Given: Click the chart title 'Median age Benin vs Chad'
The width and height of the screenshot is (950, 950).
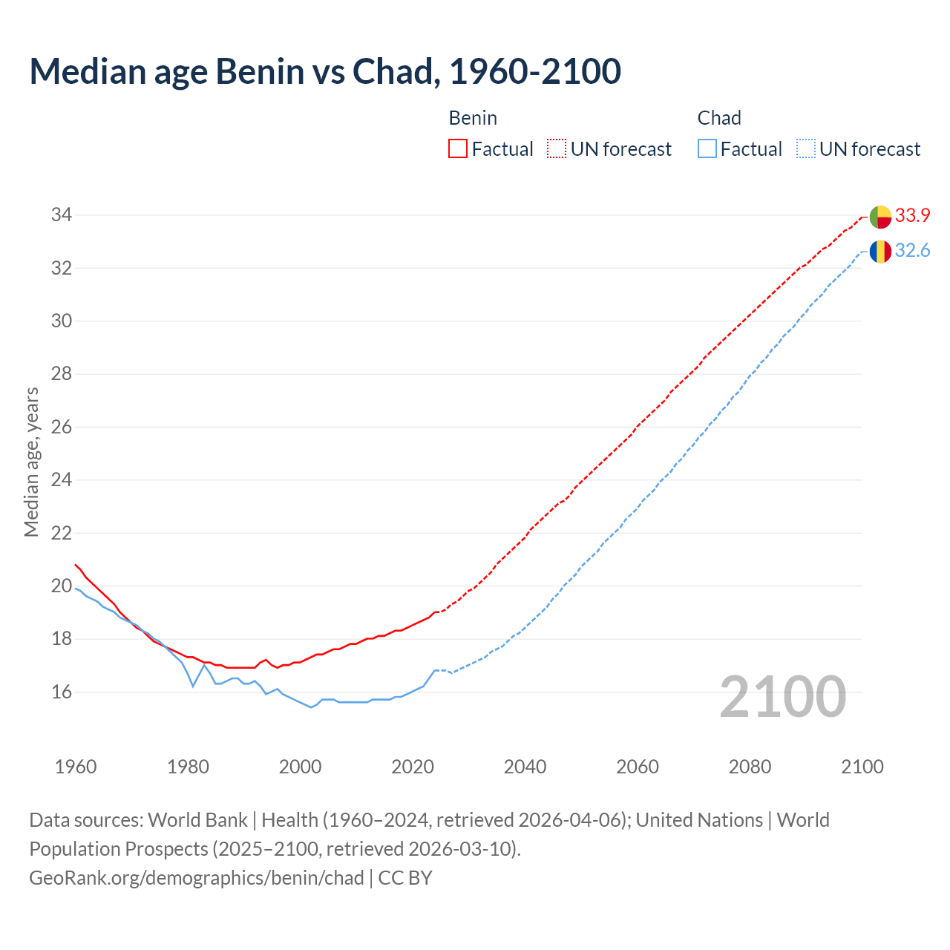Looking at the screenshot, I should click(325, 71).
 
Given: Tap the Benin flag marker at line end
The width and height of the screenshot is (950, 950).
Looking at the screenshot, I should click(880, 217).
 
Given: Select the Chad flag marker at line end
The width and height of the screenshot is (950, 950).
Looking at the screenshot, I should click(880, 252).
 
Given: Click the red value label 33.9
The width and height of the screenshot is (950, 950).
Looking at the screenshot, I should click(912, 216).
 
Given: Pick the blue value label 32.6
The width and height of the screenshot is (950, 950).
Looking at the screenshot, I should click(912, 251).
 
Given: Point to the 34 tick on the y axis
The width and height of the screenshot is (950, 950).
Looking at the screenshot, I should click(61, 215).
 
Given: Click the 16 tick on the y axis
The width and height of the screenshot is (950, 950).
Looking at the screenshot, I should click(61, 692).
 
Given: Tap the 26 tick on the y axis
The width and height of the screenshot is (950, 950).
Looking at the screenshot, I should click(61, 427).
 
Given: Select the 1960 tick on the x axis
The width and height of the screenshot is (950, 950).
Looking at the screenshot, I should click(76, 767).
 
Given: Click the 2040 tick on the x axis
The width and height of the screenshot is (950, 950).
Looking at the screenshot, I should click(525, 767).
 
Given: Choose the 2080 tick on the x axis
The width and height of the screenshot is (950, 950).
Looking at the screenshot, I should click(750, 767).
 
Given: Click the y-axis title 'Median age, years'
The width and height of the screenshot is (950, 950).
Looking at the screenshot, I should click(31, 462).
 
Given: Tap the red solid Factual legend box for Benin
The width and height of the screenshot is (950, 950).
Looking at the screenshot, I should click(458, 149).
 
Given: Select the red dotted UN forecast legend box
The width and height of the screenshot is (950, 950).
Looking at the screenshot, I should click(557, 149).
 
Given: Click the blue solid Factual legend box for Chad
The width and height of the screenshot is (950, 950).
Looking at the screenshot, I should click(707, 149).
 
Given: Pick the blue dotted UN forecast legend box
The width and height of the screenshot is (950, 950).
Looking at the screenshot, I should click(806, 149).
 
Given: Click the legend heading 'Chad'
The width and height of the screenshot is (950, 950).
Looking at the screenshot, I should click(719, 118).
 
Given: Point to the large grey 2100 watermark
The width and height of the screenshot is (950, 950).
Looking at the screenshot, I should click(782, 696).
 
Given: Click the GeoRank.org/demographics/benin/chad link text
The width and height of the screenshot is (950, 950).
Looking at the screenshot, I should click(197, 878).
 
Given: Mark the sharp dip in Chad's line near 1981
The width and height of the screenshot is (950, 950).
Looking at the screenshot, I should click(193, 686).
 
